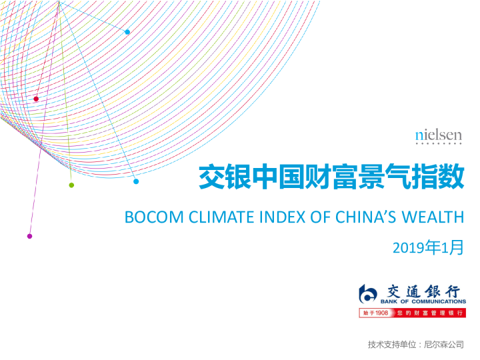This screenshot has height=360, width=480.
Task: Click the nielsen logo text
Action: pyautogui.click(x=438, y=135)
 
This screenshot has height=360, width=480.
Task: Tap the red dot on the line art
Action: pyautogui.click(x=36, y=99)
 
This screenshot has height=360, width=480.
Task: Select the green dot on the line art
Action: pyautogui.click(x=71, y=185)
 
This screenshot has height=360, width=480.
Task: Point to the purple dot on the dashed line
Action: pyautogui.click(x=29, y=236)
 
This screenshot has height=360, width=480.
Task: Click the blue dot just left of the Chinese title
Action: pyautogui.click(x=136, y=181)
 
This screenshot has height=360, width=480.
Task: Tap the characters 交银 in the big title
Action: pyautogui.click(x=220, y=178)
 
